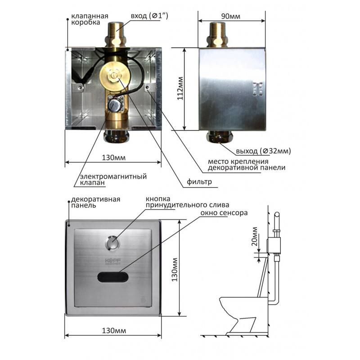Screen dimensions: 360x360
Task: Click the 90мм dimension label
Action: [x=230, y=16]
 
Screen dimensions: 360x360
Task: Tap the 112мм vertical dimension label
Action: [x=180, y=88]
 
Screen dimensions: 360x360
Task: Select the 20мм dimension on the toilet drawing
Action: [x=254, y=236]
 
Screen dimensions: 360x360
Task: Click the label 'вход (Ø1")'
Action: [x=149, y=16]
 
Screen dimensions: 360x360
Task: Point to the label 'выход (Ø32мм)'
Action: [x=263, y=151]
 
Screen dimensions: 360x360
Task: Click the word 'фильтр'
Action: [x=199, y=182]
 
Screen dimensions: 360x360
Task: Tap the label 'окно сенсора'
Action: [x=224, y=213]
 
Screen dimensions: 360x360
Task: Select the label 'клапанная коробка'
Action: [x=90, y=19]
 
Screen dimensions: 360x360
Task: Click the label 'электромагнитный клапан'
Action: [x=113, y=180]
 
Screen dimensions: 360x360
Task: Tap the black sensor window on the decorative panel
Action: [x=113, y=277]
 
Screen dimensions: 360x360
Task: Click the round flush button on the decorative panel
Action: [x=112, y=243]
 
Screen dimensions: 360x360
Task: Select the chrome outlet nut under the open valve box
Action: [x=117, y=136]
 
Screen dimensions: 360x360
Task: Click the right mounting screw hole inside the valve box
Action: [x=148, y=87]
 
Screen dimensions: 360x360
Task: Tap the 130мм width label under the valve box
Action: [x=114, y=158]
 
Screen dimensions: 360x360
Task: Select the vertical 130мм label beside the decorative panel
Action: [x=175, y=270]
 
